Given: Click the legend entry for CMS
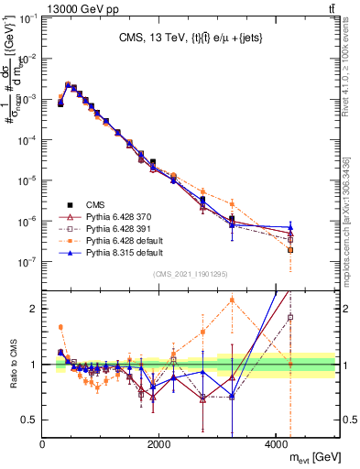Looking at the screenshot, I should point(96,204).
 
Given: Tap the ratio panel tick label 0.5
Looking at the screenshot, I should point(30,420).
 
